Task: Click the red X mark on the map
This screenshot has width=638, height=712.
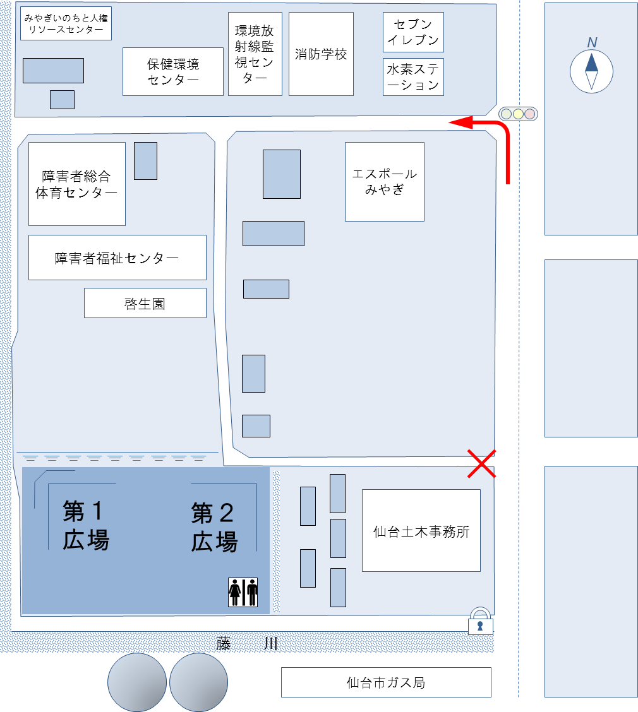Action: click(x=482, y=463)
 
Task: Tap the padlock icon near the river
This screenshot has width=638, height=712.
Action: click(x=480, y=620)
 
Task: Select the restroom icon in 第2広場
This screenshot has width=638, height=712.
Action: click(x=243, y=592)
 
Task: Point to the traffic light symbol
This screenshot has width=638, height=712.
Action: click(x=518, y=114)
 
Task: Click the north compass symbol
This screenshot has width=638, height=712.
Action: click(x=591, y=71)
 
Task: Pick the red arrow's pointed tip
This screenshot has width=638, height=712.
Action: click(x=449, y=122)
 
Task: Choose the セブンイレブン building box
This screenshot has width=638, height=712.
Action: click(x=413, y=32)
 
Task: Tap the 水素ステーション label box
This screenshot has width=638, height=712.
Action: click(x=413, y=77)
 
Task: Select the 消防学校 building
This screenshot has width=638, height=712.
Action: click(x=321, y=54)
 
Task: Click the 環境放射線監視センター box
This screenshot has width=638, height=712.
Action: click(x=255, y=54)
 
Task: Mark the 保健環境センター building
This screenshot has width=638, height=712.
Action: click(x=172, y=71)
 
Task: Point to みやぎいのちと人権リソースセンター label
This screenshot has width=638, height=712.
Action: click(x=66, y=23)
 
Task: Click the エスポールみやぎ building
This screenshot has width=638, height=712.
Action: click(x=385, y=182)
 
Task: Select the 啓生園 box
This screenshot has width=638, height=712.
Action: click(x=145, y=303)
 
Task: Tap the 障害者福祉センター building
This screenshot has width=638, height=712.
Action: click(x=117, y=258)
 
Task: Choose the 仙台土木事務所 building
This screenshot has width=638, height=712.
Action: click(x=421, y=530)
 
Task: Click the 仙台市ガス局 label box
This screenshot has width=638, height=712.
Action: click(x=386, y=682)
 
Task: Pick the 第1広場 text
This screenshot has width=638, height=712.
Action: click(x=85, y=525)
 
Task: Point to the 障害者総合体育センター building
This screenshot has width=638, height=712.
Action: click(x=77, y=184)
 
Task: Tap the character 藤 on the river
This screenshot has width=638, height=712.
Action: click(x=224, y=643)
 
